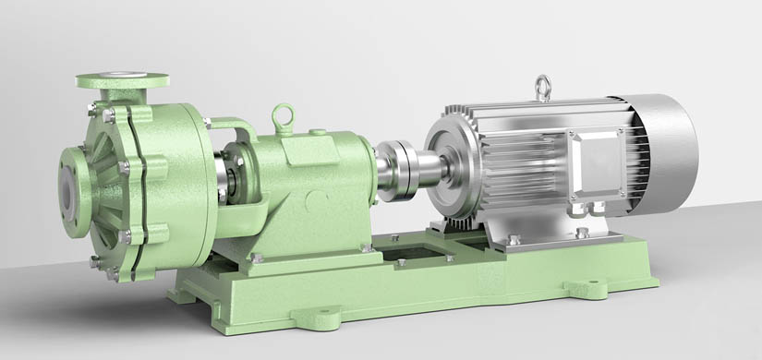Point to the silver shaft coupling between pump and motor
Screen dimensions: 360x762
click(402, 168)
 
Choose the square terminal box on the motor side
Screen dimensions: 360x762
click(597, 163)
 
